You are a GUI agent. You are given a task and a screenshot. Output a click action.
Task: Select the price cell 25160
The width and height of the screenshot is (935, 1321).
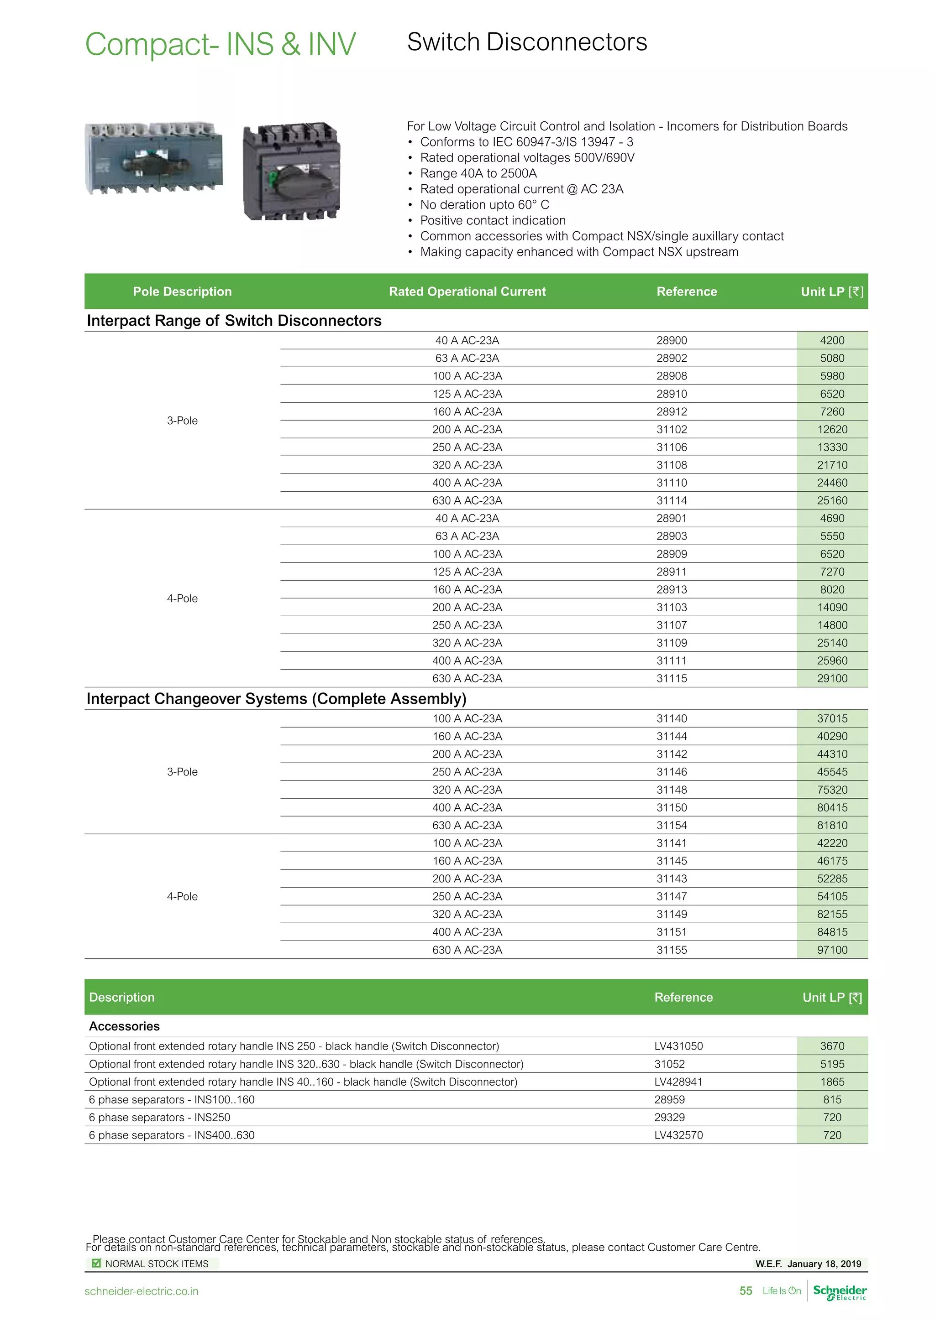832,500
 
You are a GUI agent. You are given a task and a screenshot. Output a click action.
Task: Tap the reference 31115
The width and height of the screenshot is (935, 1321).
671,678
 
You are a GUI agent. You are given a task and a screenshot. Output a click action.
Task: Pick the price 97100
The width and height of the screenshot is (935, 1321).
832,950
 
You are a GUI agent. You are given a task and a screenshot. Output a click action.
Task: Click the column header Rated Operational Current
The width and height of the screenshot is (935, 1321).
467,291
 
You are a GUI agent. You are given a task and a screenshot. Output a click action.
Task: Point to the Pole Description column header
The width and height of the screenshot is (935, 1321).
182,291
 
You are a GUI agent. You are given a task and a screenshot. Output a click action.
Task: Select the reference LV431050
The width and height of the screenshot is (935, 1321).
678,1046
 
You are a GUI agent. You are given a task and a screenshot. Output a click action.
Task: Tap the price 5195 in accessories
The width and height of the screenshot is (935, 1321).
832,1064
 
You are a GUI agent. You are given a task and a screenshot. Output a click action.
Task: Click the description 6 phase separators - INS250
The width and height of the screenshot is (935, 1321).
159,1117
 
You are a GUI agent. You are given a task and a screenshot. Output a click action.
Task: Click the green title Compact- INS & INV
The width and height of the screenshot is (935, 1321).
221,44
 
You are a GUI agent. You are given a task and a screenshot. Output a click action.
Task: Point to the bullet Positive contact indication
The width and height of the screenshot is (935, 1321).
493,220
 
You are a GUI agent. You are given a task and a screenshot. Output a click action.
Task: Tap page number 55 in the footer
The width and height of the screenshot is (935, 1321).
746,1291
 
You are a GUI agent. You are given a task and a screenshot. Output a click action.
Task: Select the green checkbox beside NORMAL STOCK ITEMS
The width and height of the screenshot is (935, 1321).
97,1264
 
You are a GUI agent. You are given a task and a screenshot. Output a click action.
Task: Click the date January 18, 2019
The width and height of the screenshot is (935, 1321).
824,1264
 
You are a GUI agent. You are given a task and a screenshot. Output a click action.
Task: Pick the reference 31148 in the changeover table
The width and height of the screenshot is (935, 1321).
671,790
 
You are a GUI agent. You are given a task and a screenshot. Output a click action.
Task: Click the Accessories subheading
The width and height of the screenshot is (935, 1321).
124,1026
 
